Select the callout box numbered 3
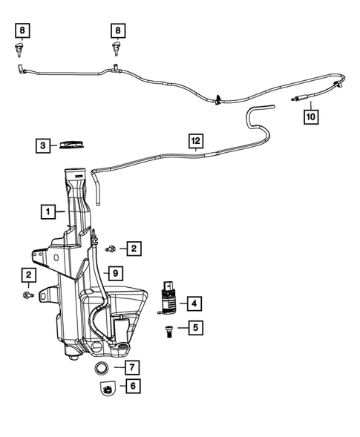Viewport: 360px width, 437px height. tap(44, 145)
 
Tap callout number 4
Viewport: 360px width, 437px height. tap(194, 303)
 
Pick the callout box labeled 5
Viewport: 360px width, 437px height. tap(194, 327)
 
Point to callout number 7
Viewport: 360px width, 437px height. tap(131, 367)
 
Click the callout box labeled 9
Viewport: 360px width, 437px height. tap(115, 272)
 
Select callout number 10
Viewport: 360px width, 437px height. tap(310, 116)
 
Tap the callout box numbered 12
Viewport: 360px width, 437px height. tap(195, 140)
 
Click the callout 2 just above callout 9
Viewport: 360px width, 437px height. tap(134, 248)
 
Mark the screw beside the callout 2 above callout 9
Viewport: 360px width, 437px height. tap(111, 248)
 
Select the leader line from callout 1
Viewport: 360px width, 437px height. tap(63, 212)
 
